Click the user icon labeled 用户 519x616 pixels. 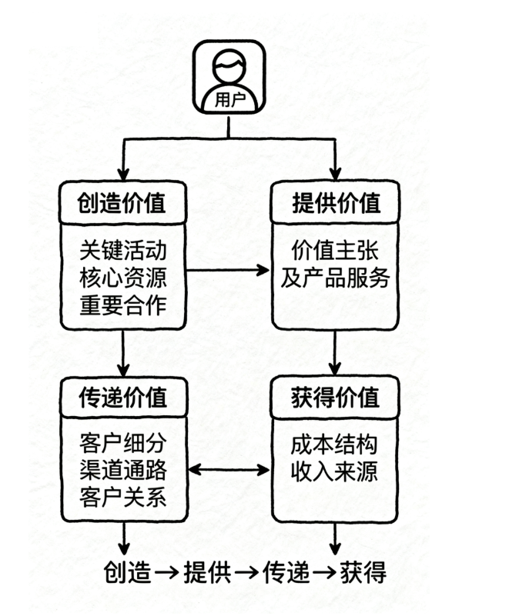coord(229,77)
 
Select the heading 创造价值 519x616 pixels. coord(122,203)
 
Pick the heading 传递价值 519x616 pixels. coord(122,398)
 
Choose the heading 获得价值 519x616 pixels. coord(336,398)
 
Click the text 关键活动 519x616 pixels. coord(122,251)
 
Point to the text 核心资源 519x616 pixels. coord(122,278)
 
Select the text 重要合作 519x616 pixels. coord(122,305)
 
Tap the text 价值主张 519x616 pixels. coord(336,251)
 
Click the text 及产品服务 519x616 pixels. coord(336,278)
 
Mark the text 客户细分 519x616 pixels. coord(122,445)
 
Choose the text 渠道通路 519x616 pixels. coord(122,471)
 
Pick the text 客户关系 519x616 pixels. coord(122,497)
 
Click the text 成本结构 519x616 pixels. coord(335,445)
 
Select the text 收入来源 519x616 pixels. coord(335,471)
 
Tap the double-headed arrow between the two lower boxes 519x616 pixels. coord(229,468)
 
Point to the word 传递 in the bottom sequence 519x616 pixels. coord(286,573)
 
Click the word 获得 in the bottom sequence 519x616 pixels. coord(362,573)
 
